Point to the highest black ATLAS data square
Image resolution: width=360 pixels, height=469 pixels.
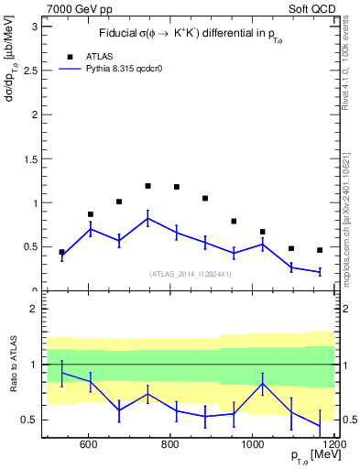(147, 186)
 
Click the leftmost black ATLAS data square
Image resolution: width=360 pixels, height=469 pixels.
(61, 252)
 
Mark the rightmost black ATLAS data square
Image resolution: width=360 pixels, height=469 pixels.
(320, 250)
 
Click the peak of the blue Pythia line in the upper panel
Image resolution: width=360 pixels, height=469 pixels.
(147, 218)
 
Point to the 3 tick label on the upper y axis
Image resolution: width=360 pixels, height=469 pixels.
(34, 27)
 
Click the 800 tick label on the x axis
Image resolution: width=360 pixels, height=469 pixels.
(170, 445)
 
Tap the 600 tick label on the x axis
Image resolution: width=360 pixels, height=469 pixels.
(89, 445)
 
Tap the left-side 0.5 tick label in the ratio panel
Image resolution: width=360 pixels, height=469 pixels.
(29, 420)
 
